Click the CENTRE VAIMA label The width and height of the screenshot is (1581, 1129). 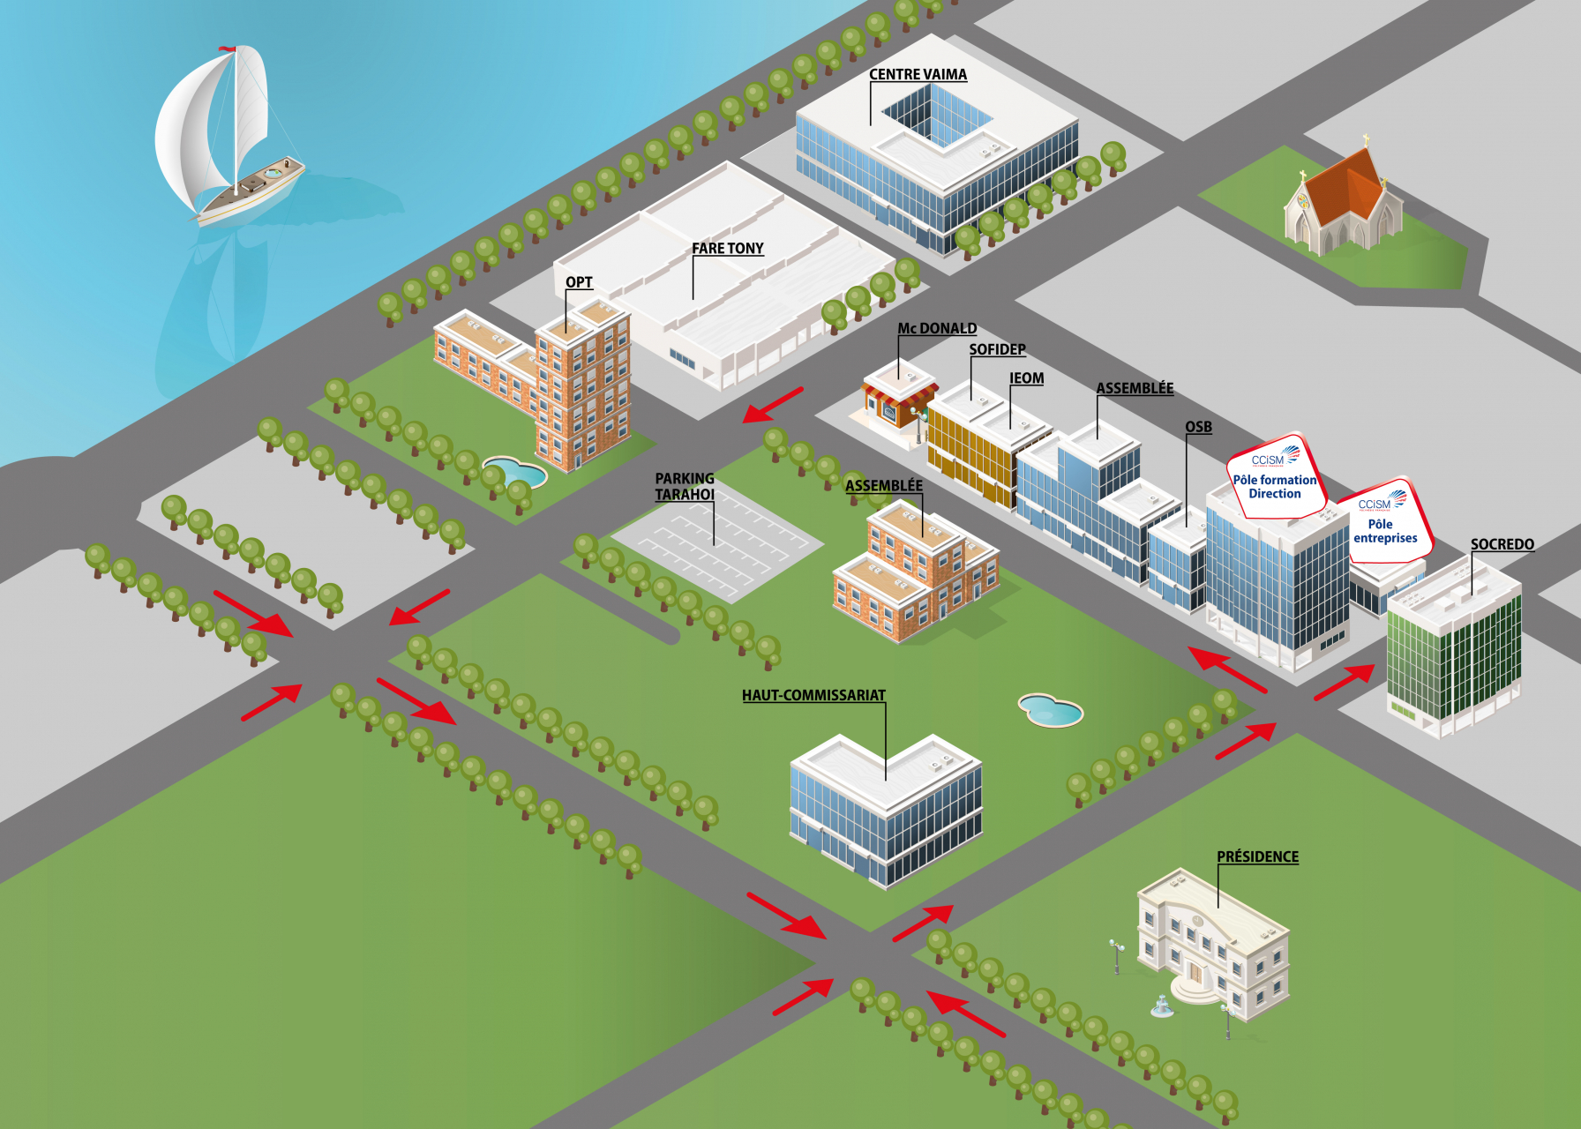point(918,75)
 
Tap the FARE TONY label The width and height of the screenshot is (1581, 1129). point(727,249)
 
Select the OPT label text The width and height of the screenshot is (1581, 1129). point(579,282)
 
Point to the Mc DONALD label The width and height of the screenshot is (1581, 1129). point(937,328)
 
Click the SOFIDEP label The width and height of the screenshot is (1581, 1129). point(997,349)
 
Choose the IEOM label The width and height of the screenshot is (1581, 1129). point(1026,378)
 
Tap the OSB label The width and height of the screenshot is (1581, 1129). point(1198,427)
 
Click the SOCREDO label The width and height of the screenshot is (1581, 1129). point(1502,544)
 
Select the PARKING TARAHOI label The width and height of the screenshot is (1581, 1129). point(685,486)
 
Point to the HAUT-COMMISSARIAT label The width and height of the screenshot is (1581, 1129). point(813,695)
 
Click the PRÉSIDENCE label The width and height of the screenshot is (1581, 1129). point(1257,856)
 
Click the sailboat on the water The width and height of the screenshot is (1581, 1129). point(229,141)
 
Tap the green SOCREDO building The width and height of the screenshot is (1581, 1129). point(1454,653)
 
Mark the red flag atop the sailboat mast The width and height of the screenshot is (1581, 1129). point(227,49)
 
